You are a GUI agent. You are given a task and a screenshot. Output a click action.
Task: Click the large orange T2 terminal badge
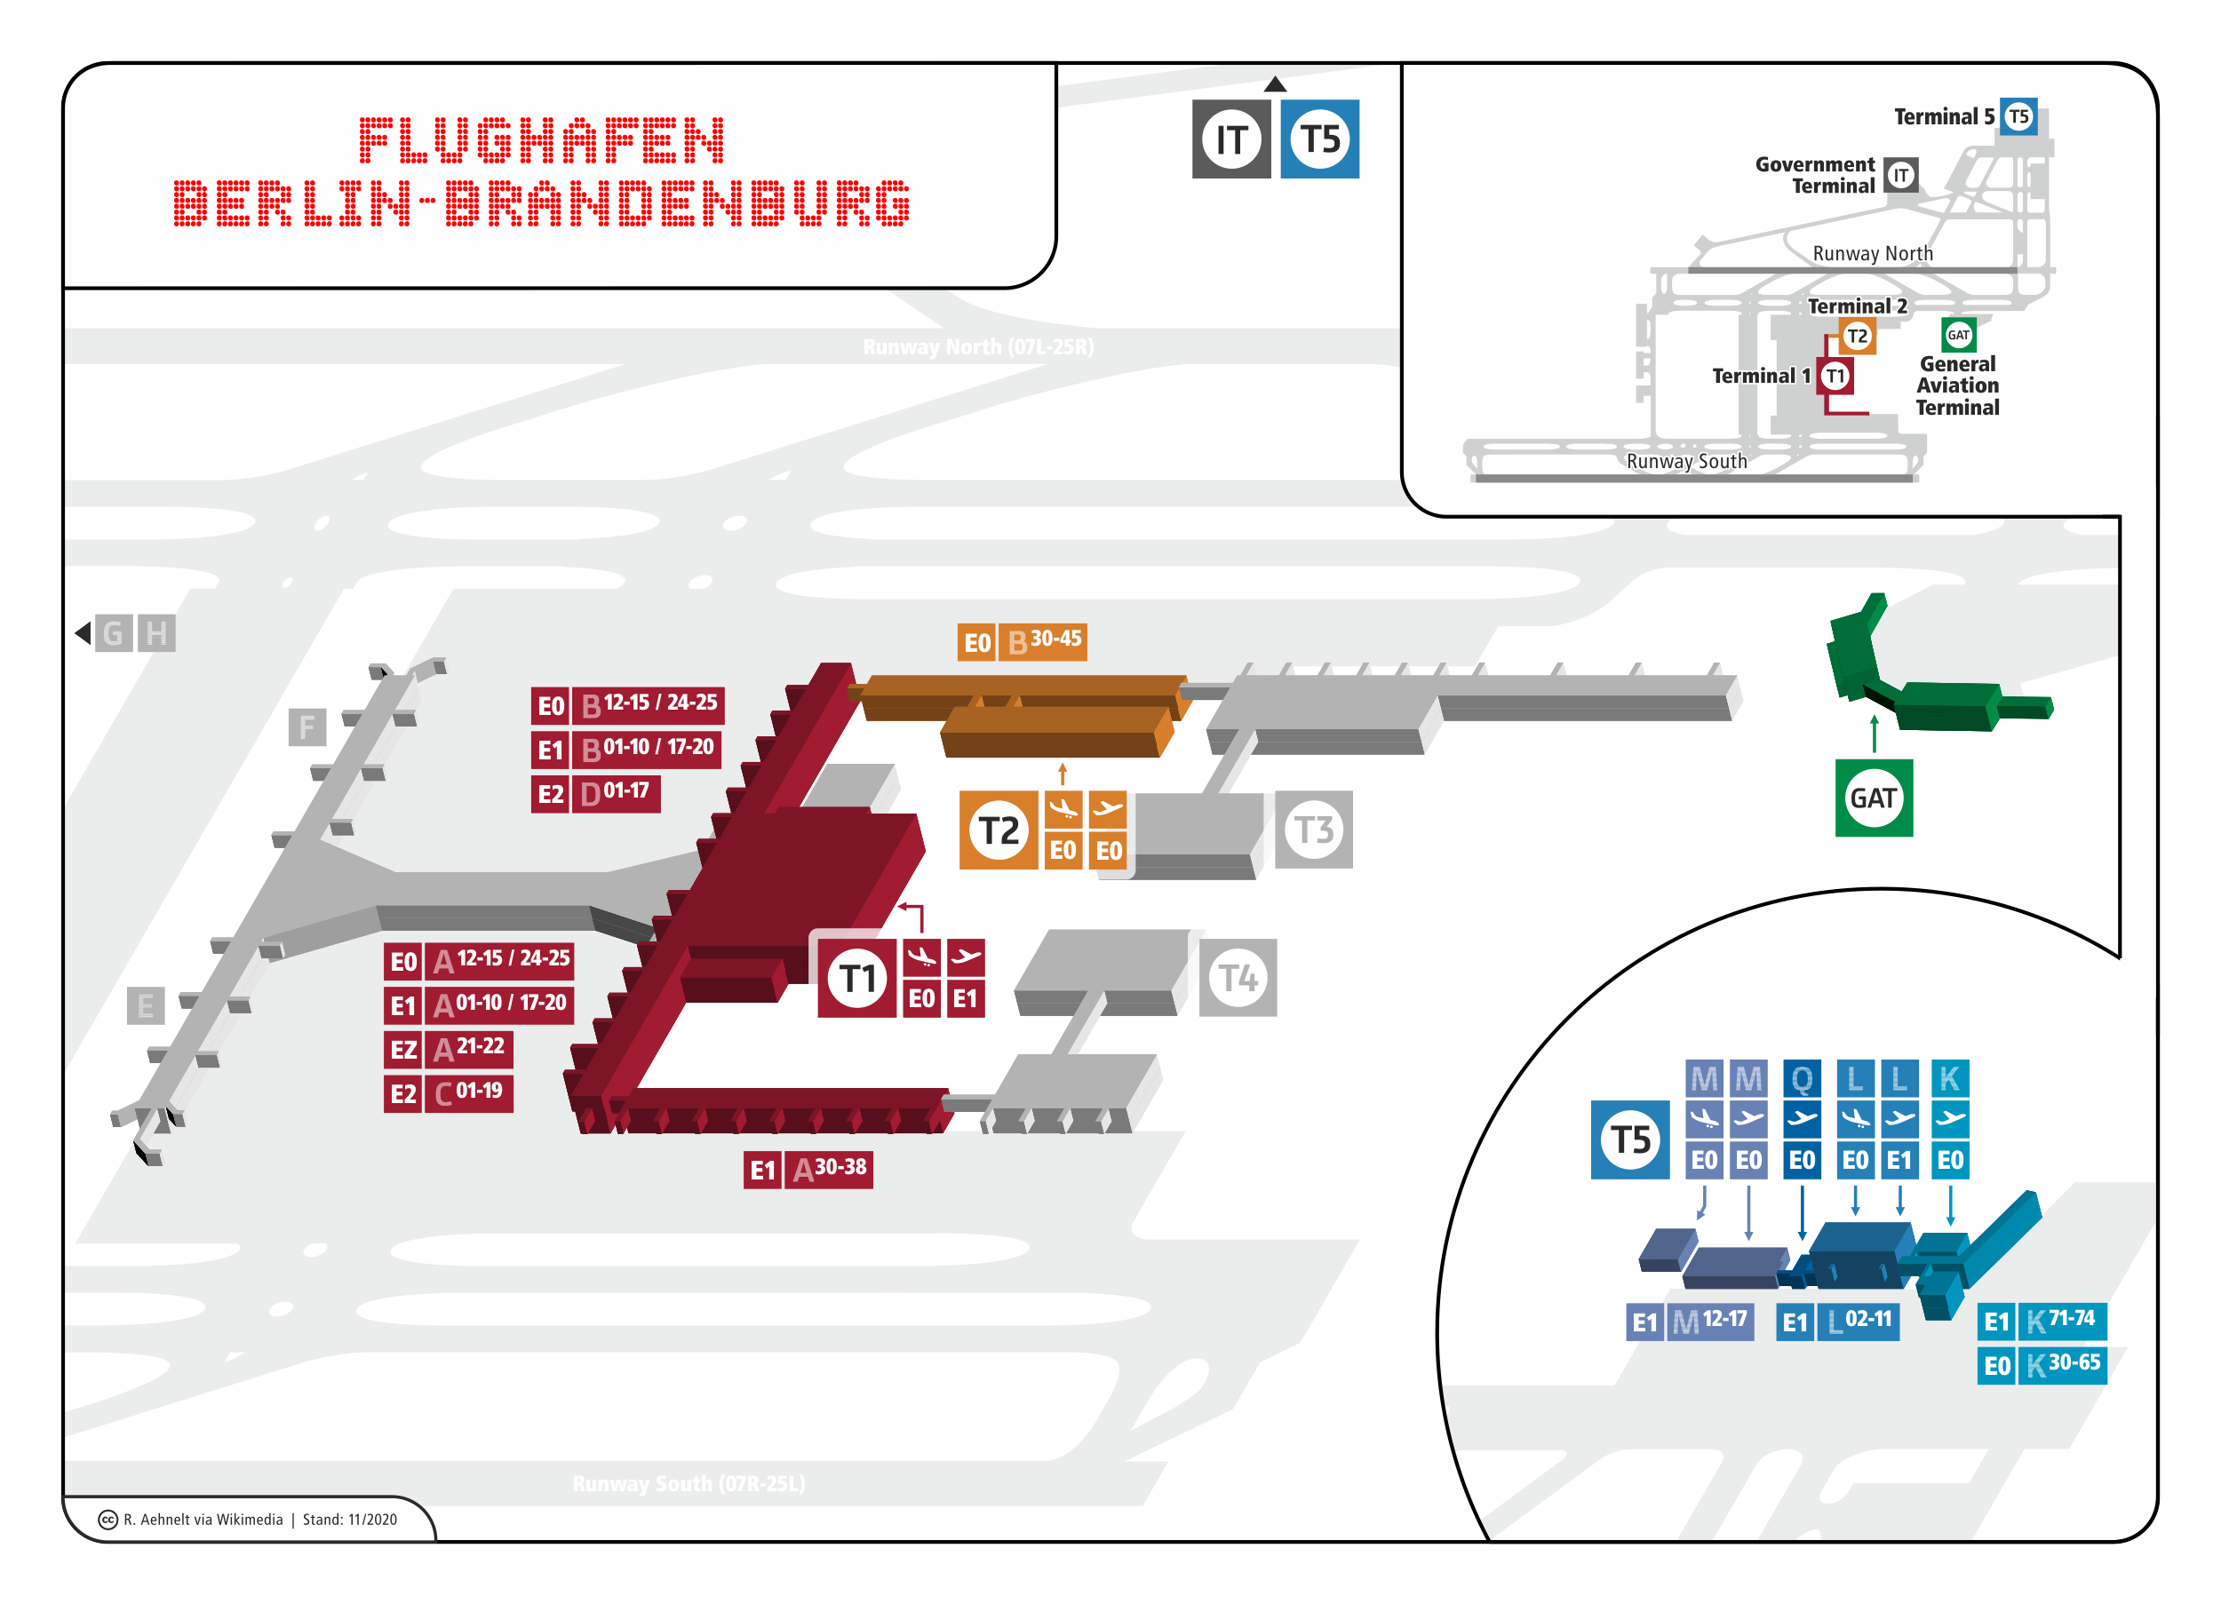[998, 830]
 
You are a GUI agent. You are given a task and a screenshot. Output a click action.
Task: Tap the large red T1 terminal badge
[857, 977]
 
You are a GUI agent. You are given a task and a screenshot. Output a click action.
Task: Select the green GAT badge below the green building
[1874, 798]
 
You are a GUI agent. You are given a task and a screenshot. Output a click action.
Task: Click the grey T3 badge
[1313, 830]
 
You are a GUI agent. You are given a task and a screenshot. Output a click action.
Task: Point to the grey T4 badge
[1238, 977]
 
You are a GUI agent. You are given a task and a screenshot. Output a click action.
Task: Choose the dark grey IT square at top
[1231, 139]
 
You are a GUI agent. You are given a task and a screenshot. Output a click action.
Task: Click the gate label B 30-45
[1042, 642]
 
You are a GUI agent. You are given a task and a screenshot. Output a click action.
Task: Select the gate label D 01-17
[614, 793]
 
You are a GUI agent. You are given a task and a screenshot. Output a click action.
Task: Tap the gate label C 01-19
[468, 1092]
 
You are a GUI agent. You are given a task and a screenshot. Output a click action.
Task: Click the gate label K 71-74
[2059, 1321]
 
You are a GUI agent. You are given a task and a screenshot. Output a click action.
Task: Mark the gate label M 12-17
[1709, 1322]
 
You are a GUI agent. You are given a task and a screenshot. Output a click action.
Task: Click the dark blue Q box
[1802, 1079]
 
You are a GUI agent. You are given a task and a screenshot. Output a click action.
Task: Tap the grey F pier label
[307, 727]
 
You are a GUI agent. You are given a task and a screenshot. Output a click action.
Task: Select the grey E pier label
[146, 1005]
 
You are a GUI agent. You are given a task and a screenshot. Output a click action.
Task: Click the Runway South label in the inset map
[1686, 461]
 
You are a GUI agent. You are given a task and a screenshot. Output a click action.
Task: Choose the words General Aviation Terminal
[1956, 385]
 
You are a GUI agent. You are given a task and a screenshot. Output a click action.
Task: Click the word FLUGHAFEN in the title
[542, 140]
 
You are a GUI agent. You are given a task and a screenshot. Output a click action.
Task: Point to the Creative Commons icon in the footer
[107, 1520]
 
